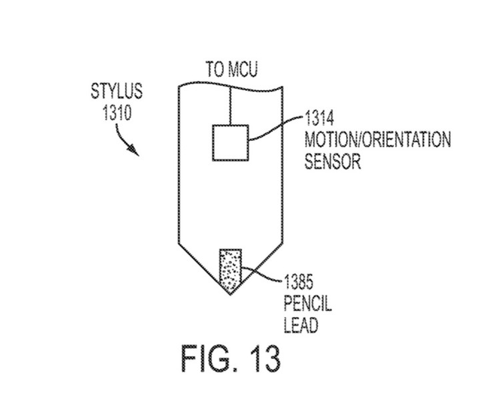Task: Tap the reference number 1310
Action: (117, 111)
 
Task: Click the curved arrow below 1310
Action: (129, 141)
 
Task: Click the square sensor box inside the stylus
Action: (230, 142)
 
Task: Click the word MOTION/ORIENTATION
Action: (377, 141)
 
